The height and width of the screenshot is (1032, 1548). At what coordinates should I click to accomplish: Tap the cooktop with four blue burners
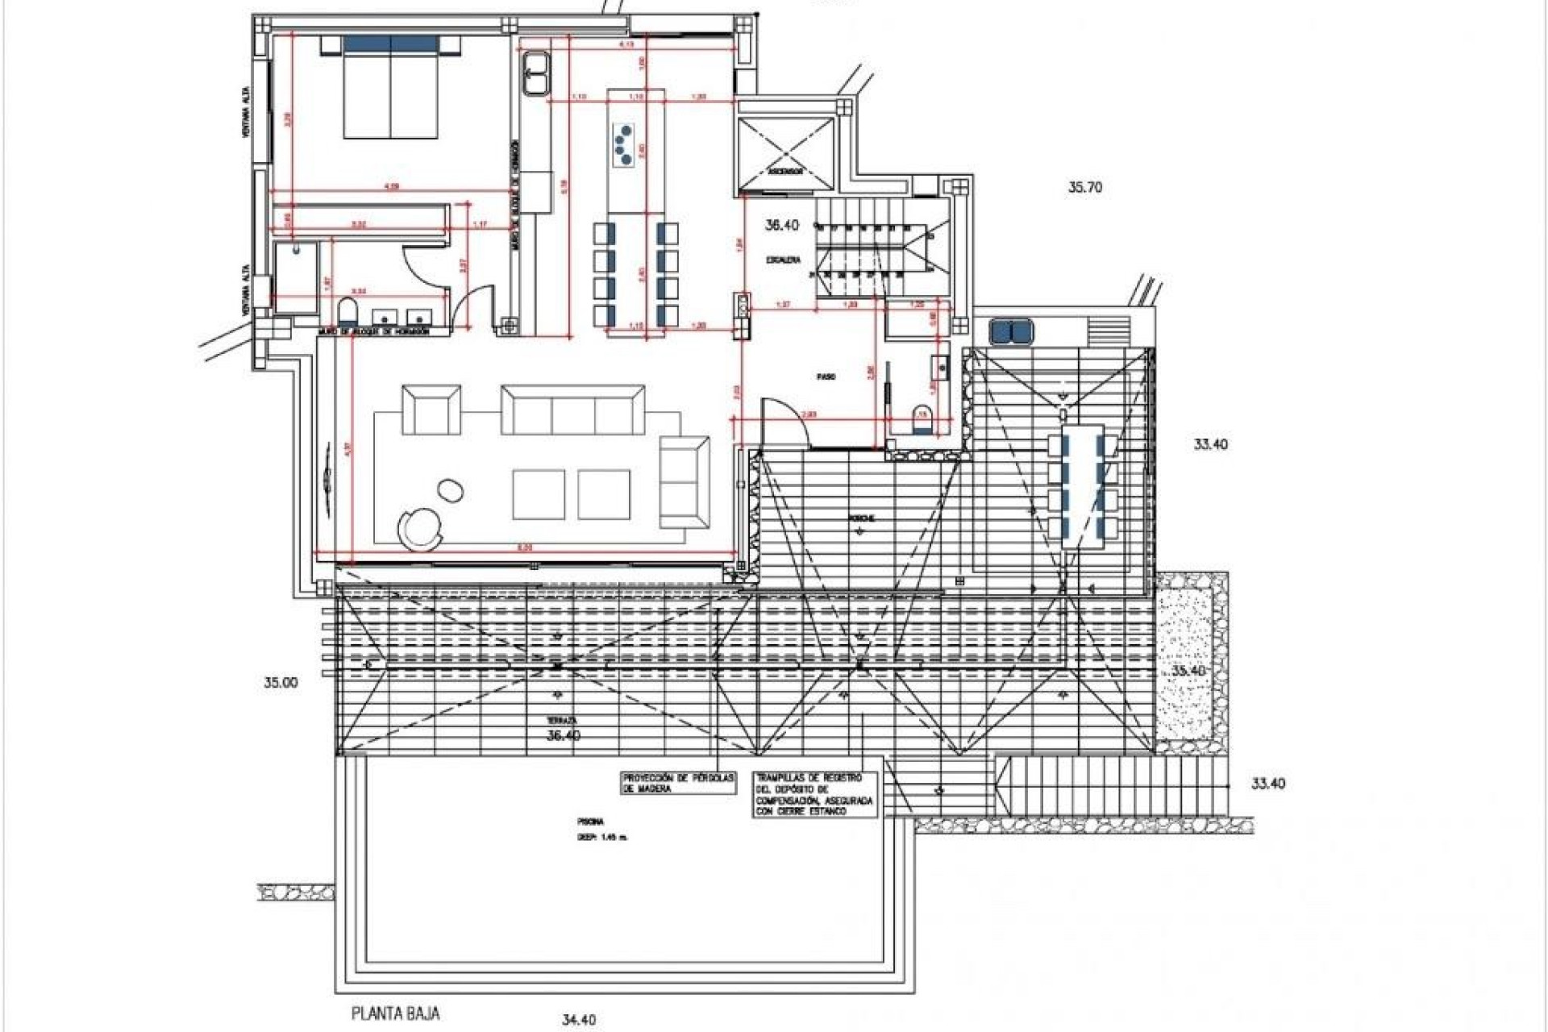pyautogui.click(x=623, y=145)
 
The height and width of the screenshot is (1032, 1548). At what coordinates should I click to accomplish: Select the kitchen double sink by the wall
pyautogui.click(x=535, y=73)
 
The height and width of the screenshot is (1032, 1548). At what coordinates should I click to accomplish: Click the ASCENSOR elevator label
pyautogui.click(x=782, y=172)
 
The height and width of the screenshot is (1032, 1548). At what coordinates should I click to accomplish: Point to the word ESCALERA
pyautogui.click(x=783, y=260)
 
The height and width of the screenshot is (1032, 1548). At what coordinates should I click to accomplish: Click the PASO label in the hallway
pyautogui.click(x=825, y=377)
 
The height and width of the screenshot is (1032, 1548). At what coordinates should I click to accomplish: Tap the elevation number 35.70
pyautogui.click(x=1084, y=188)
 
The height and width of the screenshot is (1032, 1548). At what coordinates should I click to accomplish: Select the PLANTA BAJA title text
pyautogui.click(x=396, y=1013)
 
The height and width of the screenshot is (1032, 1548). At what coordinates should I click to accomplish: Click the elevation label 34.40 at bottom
pyautogui.click(x=577, y=1020)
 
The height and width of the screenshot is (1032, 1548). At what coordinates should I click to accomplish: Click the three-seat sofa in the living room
pyautogui.click(x=573, y=410)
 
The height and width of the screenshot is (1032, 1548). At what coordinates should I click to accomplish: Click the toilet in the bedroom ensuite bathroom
pyautogui.click(x=347, y=313)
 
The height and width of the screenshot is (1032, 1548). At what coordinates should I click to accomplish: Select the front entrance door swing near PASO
pyautogui.click(x=784, y=421)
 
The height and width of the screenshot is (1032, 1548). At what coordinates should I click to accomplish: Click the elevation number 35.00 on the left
pyautogui.click(x=281, y=682)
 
